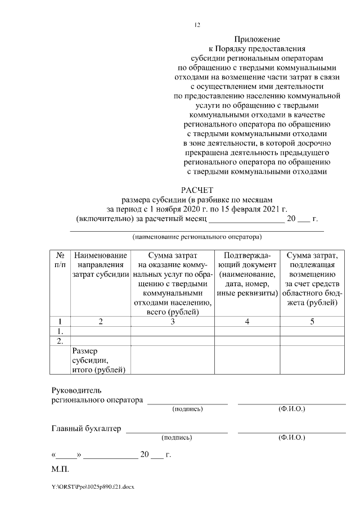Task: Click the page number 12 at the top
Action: (197, 25)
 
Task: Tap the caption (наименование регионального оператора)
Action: (197, 237)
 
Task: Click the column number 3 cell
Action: (172, 322)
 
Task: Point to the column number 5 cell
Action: (312, 322)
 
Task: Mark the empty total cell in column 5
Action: (312, 359)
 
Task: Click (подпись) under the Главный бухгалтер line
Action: (176, 437)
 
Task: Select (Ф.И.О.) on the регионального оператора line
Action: (291, 409)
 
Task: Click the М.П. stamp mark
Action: (60, 468)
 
